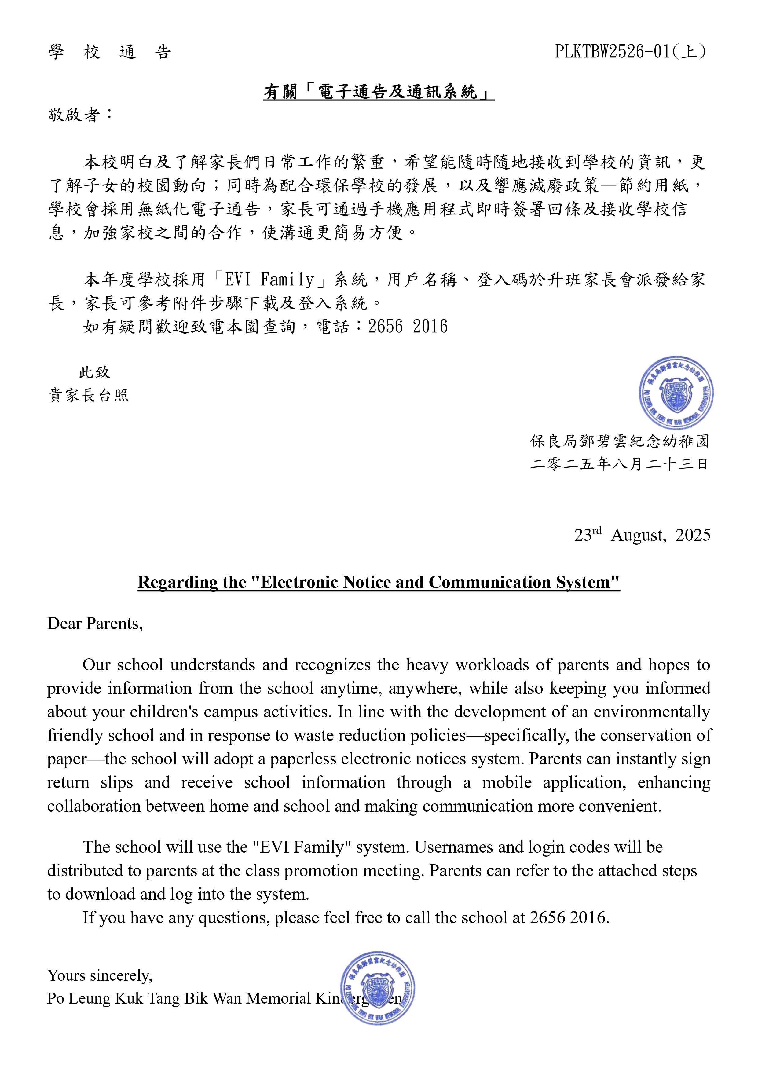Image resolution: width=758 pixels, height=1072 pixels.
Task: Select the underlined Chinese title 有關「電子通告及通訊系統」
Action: tap(378, 92)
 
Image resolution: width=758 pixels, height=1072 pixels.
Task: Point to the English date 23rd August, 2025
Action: tap(642, 535)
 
